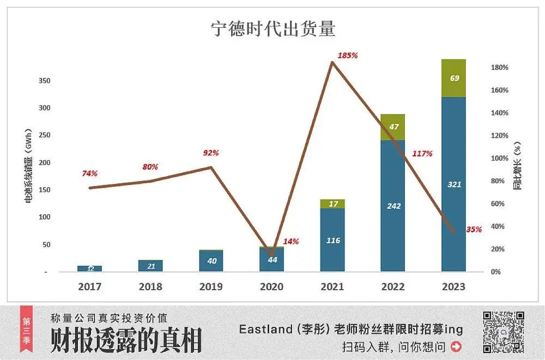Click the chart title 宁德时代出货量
[273, 29]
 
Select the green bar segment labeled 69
[453, 78]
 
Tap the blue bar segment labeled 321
[453, 184]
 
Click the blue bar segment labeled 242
[393, 206]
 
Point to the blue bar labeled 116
[332, 240]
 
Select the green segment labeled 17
[332, 204]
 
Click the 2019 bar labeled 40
[211, 261]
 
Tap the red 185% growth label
[347, 56]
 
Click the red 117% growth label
[422, 154]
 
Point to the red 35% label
[474, 230]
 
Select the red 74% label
[89, 173]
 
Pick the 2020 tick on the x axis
[272, 287]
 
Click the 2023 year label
[453, 287]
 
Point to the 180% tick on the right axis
[499, 68]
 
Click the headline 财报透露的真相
[126, 340]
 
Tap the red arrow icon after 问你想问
[456, 346]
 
